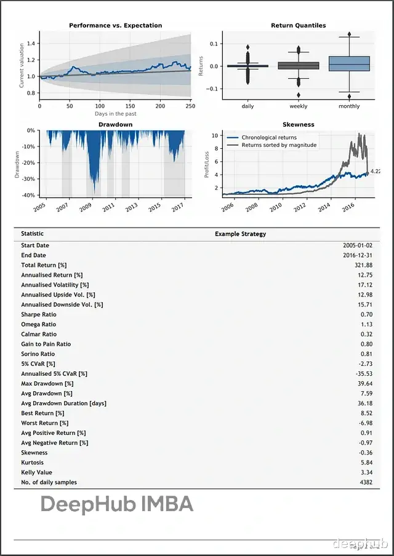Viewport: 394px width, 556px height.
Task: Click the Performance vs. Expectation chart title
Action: point(115,25)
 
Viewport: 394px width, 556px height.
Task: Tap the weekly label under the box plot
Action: point(299,106)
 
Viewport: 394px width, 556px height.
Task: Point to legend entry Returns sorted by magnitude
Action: point(279,145)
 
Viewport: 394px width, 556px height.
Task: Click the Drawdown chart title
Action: point(115,124)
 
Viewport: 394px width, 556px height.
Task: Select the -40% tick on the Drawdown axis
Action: point(30,196)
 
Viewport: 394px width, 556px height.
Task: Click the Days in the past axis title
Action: point(115,114)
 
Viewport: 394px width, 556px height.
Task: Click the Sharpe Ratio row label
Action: point(38,314)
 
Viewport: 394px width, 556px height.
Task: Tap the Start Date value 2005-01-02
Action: point(358,245)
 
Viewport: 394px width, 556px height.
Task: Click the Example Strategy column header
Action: point(240,234)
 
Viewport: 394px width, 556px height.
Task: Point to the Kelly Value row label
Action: point(36,472)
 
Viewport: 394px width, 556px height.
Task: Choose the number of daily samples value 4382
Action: point(365,482)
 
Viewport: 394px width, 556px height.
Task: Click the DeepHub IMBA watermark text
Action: point(117,505)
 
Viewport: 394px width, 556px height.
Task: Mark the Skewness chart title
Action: point(299,124)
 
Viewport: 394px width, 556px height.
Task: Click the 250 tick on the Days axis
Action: point(190,106)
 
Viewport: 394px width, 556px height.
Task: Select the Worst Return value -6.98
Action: point(365,423)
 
